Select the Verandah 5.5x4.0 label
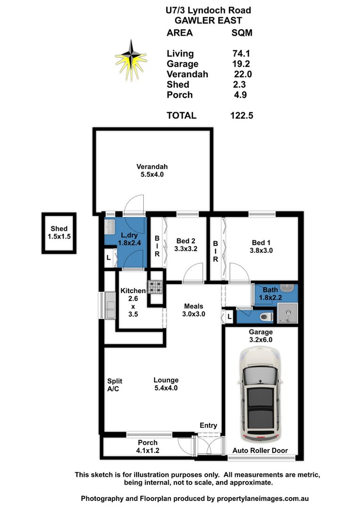pyautogui.click(x=152, y=170)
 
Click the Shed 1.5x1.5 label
pyautogui.click(x=59, y=233)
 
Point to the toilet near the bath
pyautogui.click(x=267, y=317)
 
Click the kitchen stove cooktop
pyautogui.click(x=155, y=287)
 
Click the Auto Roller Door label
pyautogui.click(x=260, y=451)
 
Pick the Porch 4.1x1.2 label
pyautogui.click(x=147, y=446)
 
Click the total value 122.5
pyautogui.click(x=243, y=115)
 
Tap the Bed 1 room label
pyautogui.click(x=262, y=247)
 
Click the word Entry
pyautogui.click(x=208, y=426)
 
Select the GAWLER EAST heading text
pyautogui.click(x=208, y=20)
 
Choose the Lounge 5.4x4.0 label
pyautogui.click(x=165, y=384)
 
